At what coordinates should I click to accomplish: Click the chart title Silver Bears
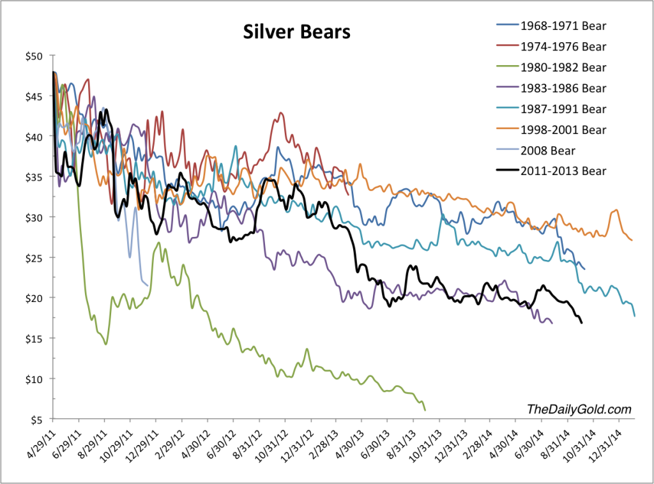pos(296,32)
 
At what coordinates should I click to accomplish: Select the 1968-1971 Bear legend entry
pos(563,26)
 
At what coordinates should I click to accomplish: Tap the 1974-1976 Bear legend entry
pos(563,47)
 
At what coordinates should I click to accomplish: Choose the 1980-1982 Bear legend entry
pos(563,67)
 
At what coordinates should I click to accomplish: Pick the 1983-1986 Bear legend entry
pos(563,88)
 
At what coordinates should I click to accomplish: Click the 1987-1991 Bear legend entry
pos(563,109)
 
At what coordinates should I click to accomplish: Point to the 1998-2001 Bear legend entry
pos(563,130)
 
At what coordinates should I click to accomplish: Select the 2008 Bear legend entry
pos(549,151)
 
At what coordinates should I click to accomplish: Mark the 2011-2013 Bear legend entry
pos(563,171)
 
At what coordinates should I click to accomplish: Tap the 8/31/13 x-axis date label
pos(401,444)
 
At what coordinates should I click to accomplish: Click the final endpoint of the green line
pos(425,409)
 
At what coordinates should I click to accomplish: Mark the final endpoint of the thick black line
pos(581,323)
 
